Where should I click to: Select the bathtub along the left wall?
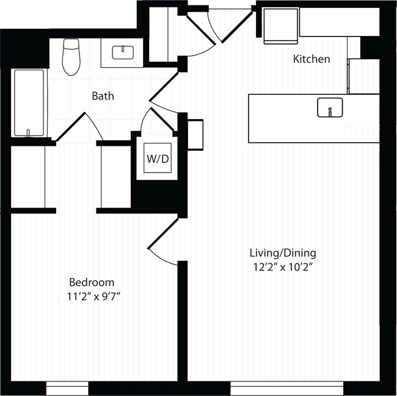(x=29, y=103)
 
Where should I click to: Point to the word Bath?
(x=103, y=96)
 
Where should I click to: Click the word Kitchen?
(x=311, y=59)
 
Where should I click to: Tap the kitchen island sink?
(x=330, y=107)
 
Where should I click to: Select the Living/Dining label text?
(x=283, y=253)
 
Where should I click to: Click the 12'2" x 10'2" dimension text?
(x=283, y=267)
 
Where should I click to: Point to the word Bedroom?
(x=92, y=282)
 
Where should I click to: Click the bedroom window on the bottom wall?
(x=68, y=387)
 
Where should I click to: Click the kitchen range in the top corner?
(x=280, y=26)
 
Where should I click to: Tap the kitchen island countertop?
(x=287, y=119)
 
